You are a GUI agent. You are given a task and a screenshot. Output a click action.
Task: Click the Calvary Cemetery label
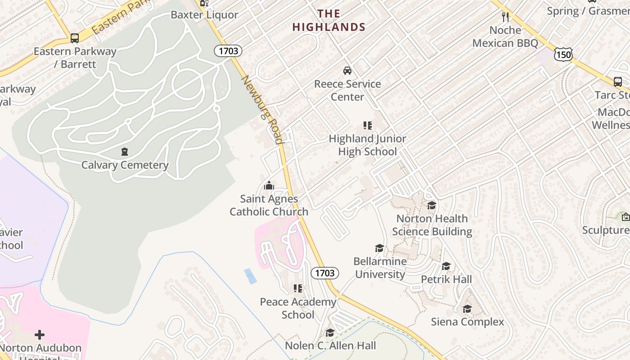pos(125,165)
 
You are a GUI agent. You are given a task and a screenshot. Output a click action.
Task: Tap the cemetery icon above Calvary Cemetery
pos(125,152)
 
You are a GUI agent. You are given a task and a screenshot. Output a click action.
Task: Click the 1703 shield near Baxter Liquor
pos(228,51)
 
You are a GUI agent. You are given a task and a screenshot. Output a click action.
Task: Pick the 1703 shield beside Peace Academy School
pos(324,273)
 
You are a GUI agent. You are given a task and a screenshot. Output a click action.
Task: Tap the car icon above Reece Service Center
pos(347,71)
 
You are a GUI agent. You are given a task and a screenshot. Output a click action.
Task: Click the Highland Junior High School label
pos(367,145)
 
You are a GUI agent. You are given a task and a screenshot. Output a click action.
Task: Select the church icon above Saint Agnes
pos(269,185)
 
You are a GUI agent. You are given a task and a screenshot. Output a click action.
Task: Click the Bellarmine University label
pos(380,268)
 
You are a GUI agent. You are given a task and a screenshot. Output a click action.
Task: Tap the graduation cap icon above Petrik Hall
pos(446,266)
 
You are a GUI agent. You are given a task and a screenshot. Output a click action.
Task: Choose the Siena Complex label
pos(468,322)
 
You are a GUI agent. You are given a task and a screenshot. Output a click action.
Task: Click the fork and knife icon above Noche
pos(505,17)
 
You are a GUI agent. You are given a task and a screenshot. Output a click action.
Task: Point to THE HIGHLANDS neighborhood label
pos(329,21)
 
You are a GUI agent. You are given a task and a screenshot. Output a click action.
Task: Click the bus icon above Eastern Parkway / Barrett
pos(75,38)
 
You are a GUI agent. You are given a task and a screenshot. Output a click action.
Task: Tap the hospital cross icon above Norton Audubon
pos(40,335)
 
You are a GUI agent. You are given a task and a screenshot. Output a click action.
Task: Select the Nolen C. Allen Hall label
pos(330,346)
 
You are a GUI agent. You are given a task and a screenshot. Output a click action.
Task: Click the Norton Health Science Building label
pos(432,225)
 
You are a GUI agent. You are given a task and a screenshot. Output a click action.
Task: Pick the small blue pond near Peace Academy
pos(250,276)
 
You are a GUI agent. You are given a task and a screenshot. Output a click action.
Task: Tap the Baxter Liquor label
pos(204,15)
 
